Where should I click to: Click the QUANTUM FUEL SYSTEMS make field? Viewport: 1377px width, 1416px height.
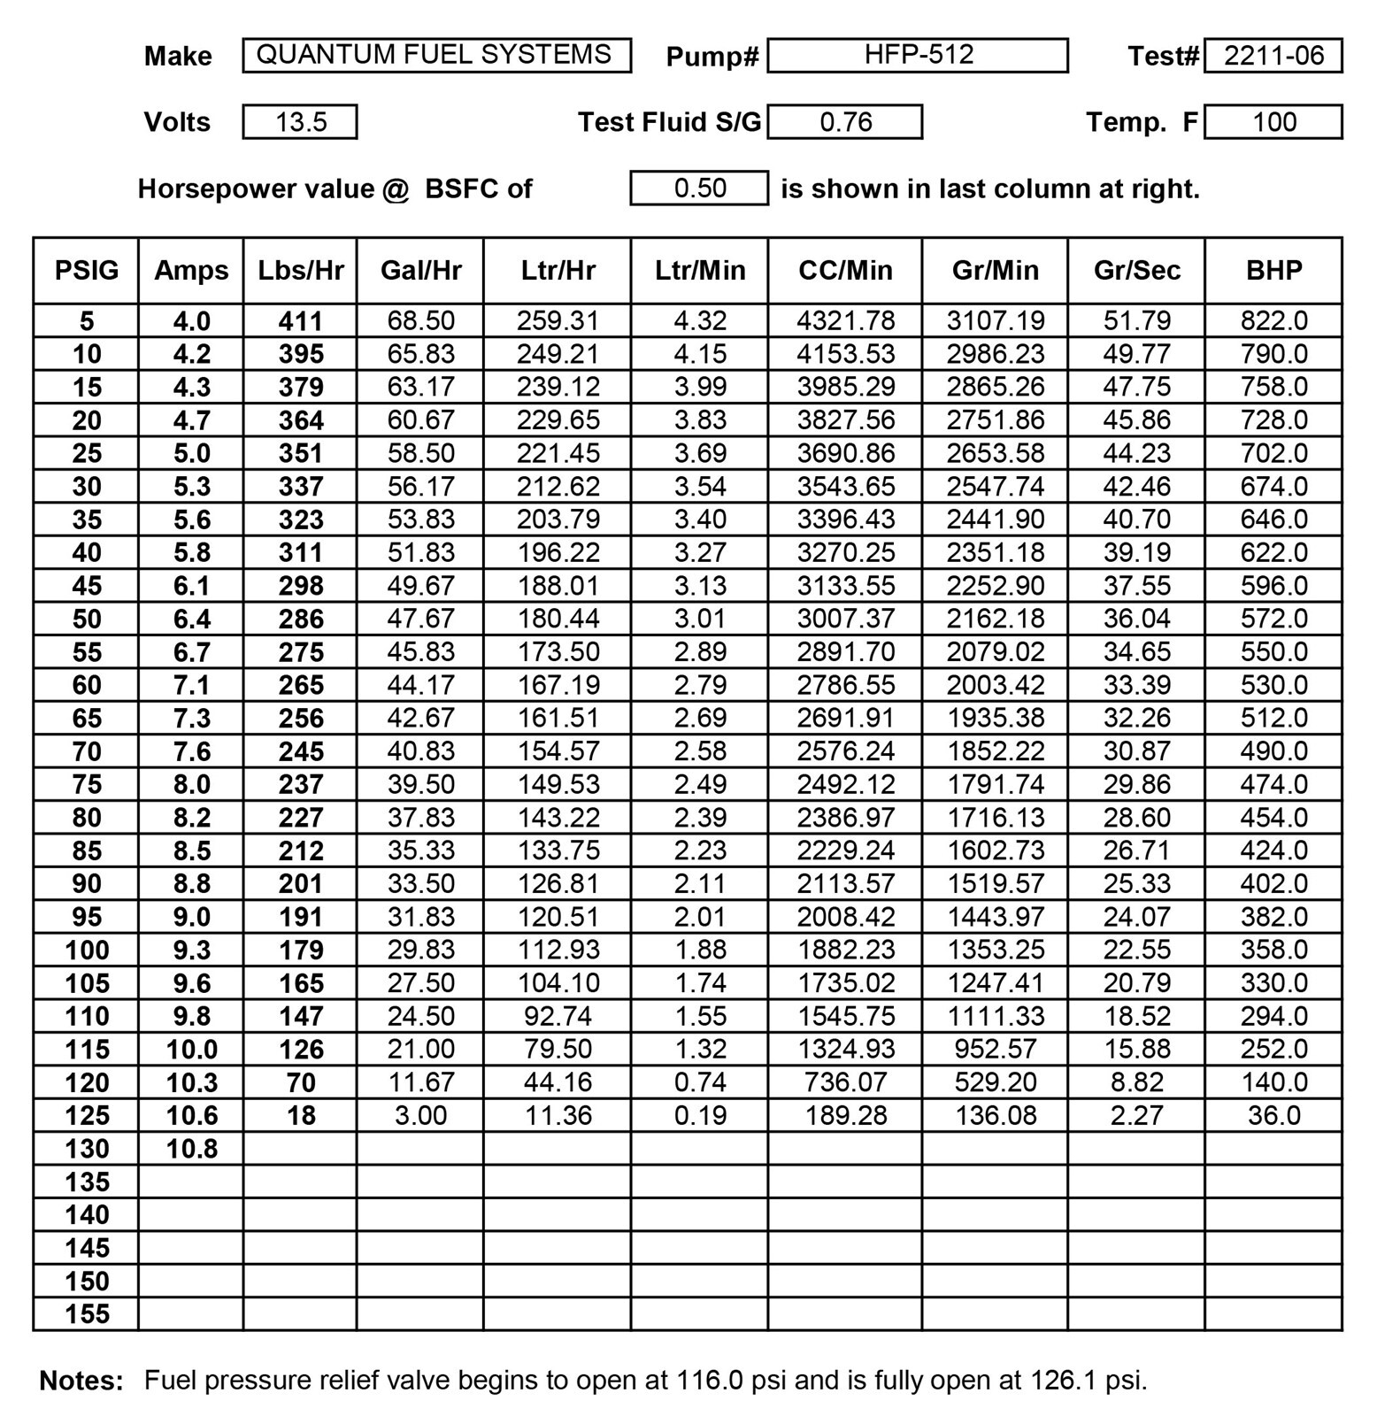coord(435,55)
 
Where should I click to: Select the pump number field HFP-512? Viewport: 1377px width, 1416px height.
coord(918,55)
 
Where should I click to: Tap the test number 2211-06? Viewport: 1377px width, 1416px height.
coord(1273,56)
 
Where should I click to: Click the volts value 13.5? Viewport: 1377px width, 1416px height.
coord(300,122)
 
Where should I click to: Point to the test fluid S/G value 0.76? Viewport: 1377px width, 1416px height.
coord(845,122)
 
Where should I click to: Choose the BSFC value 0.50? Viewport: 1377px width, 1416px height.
coord(699,189)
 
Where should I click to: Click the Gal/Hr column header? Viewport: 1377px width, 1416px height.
coord(420,270)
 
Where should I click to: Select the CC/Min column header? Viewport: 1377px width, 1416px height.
coord(845,270)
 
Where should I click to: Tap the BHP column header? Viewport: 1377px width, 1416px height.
coord(1273,270)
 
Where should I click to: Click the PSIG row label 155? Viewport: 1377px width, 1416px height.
coord(87,1314)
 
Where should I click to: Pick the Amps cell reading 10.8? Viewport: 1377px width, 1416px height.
coord(192,1149)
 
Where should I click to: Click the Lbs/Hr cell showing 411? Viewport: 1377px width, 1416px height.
coord(301,320)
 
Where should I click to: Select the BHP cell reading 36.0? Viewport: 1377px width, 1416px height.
coord(1273,1115)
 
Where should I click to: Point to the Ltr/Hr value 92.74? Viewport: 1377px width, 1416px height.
coord(558,1016)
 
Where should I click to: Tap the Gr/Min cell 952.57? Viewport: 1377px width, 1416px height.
coord(996,1049)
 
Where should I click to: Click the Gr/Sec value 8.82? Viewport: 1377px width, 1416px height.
coord(1136,1082)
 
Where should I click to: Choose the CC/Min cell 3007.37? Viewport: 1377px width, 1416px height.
coord(845,619)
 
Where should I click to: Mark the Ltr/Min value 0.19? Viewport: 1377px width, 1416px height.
coord(700,1115)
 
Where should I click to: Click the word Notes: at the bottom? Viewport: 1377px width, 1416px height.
coord(81,1381)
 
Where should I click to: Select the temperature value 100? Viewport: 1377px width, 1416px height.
coord(1273,122)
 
